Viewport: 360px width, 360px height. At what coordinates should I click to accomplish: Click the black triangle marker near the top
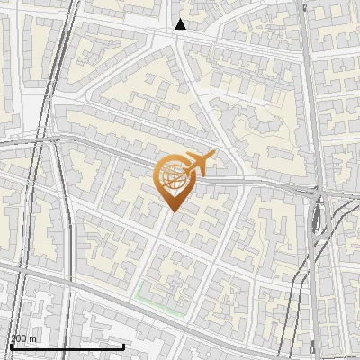181,24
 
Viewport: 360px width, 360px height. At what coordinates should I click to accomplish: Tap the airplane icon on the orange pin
199,163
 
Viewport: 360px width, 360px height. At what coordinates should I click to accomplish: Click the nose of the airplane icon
213,155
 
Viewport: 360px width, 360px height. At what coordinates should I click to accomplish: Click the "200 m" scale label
24,337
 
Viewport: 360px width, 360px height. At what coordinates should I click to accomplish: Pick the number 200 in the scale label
20,337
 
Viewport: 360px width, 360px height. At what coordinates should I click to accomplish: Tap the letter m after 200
33,338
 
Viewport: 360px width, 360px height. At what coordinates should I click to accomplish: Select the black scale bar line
67,346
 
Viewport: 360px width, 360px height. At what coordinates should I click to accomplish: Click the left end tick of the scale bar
11,345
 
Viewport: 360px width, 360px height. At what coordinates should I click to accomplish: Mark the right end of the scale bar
123,345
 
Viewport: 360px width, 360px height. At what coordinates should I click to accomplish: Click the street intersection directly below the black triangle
180,40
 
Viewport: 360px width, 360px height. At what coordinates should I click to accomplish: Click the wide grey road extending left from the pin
90,144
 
